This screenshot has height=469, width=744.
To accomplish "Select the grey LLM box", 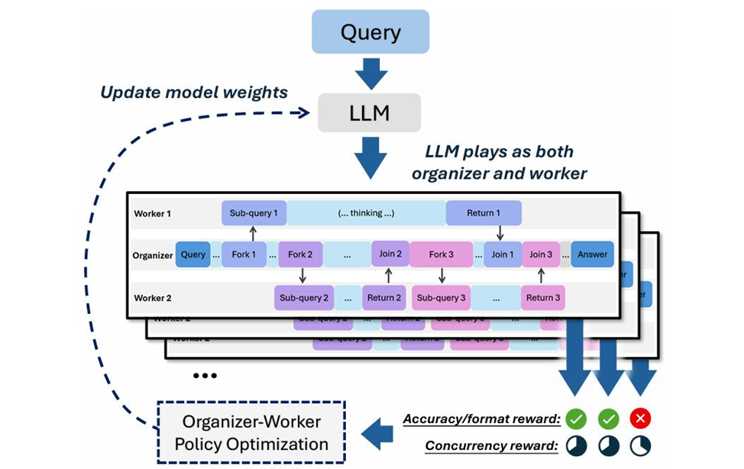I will pyautogui.click(x=370, y=114).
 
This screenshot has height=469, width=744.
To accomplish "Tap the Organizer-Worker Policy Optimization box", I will pyautogui.click(x=251, y=433).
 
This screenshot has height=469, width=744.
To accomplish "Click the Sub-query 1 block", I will pyautogui.click(x=254, y=213).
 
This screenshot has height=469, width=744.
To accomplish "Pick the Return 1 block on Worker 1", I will pyautogui.click(x=484, y=213).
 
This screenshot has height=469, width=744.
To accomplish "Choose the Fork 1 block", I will pyautogui.click(x=244, y=254).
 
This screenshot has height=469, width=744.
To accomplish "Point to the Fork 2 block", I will pyautogui.click(x=302, y=254).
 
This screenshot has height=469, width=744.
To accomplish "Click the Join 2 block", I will pyautogui.click(x=390, y=254).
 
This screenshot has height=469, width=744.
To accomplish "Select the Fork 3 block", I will pyautogui.click(x=442, y=254).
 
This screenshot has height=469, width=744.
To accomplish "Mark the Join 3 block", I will pyautogui.click(x=542, y=254).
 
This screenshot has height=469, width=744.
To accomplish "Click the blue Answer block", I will pyautogui.click(x=592, y=254).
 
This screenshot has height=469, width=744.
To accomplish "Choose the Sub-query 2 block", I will pyautogui.click(x=304, y=297).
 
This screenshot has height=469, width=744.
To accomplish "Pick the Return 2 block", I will pyautogui.click(x=384, y=297).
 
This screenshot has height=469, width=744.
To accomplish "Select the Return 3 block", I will pyautogui.click(x=543, y=297).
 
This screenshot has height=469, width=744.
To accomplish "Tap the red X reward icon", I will pyautogui.click(x=640, y=419).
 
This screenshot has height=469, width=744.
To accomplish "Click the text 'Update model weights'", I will pyautogui.click(x=194, y=92).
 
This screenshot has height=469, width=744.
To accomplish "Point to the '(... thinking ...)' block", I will pyautogui.click(x=366, y=213).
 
